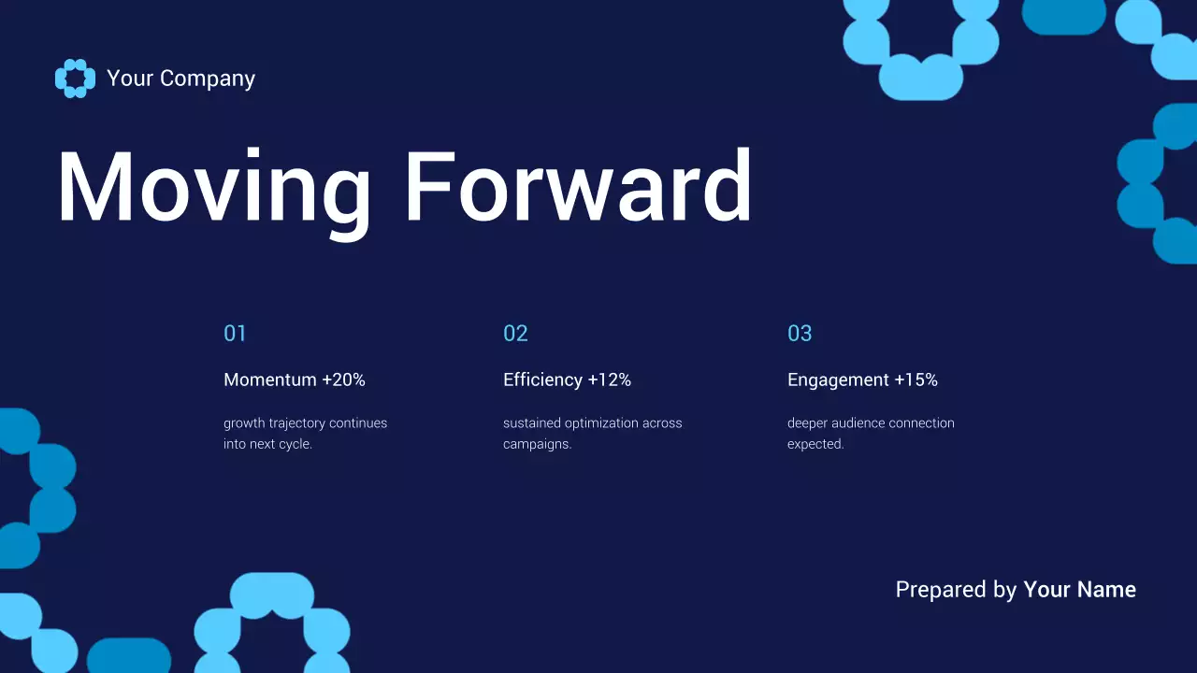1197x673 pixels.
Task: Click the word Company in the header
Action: pyautogui.click(x=208, y=79)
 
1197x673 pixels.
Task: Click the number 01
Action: pyautogui.click(x=235, y=334)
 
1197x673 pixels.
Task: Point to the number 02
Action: pyautogui.click(x=515, y=334)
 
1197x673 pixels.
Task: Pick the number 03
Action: pyautogui.click(x=800, y=334)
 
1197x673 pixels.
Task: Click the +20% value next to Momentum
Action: pyautogui.click(x=343, y=379)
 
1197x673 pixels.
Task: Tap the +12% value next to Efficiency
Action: pyautogui.click(x=609, y=379)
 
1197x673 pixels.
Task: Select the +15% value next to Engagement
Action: pyautogui.click(x=916, y=379)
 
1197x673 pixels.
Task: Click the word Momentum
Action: pyautogui.click(x=270, y=379)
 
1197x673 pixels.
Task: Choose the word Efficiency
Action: pyautogui.click(x=542, y=380)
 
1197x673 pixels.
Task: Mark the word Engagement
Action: pyautogui.click(x=839, y=380)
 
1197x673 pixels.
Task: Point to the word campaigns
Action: pyautogui.click(x=537, y=444)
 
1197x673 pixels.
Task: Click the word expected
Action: pyautogui.click(x=815, y=444)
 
